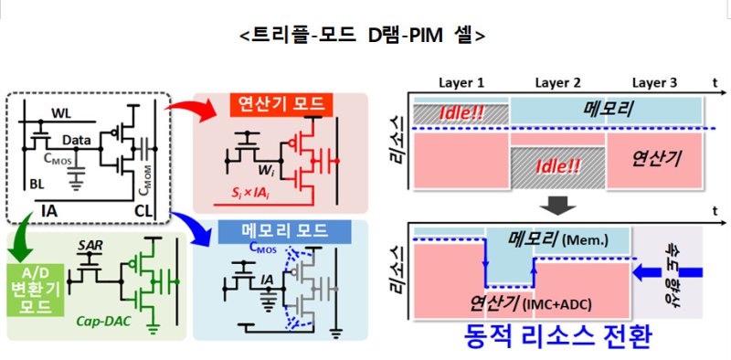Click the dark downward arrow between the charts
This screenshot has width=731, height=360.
point(557,204)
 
